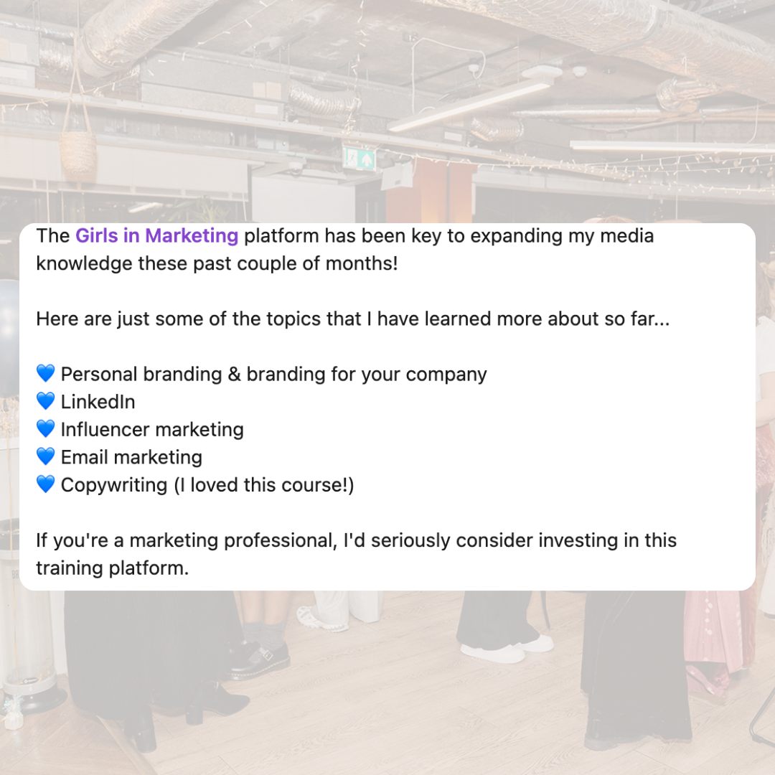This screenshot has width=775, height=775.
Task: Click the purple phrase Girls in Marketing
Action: (156, 235)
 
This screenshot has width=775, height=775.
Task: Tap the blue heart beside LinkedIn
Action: (45, 401)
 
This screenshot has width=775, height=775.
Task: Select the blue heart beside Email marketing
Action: (45, 457)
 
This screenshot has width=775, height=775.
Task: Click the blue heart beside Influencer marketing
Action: (45, 429)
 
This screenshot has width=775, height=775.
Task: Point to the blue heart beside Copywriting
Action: (45, 485)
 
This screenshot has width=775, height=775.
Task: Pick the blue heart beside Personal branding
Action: (45, 374)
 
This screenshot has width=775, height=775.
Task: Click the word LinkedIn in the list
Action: (98, 401)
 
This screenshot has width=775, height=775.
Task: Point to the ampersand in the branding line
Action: (234, 374)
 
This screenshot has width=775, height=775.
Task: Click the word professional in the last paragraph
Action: (280, 540)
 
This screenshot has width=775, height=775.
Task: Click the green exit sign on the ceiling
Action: (360, 158)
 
